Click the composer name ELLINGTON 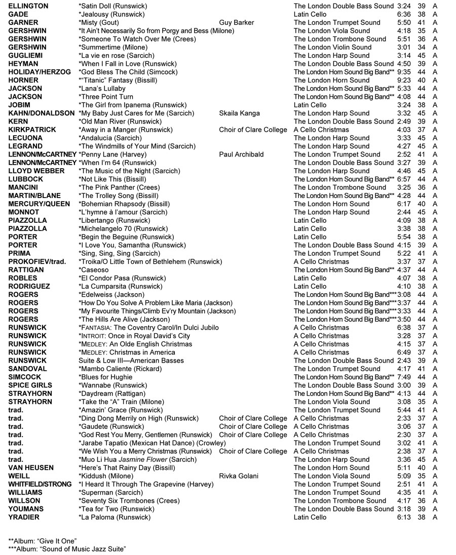point(28,6)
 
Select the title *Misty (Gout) point(99,23)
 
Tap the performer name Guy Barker point(237,23)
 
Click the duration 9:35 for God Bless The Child point(404,72)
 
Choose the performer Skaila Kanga point(240,113)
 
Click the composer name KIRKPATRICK point(32,130)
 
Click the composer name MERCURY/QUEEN point(39,204)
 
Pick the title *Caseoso point(94,270)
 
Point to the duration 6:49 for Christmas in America point(404,352)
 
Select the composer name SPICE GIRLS point(30,385)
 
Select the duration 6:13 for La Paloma point(404,517)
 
